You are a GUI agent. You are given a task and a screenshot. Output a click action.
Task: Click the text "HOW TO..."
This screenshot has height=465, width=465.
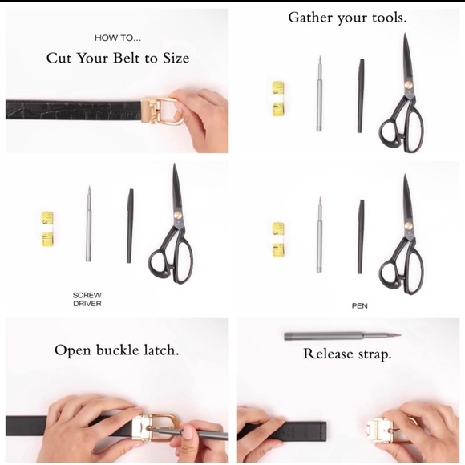point(118,38)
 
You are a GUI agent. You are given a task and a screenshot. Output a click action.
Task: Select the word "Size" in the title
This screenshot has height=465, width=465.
point(176,58)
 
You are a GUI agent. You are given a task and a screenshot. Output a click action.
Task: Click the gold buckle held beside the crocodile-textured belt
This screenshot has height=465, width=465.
point(162,111)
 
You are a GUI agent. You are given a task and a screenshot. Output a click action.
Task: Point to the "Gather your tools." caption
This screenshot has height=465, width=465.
point(347,18)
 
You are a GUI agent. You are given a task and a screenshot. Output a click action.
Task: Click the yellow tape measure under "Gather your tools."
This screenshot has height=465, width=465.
point(278,98)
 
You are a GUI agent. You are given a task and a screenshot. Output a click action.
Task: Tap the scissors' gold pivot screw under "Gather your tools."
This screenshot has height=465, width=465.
point(409,86)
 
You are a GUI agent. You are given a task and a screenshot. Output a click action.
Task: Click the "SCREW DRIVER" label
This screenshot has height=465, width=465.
point(87,299)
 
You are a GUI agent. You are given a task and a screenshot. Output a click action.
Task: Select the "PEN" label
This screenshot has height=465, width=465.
point(359,305)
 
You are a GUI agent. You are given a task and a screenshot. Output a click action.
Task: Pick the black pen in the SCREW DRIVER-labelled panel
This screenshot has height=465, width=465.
point(130,225)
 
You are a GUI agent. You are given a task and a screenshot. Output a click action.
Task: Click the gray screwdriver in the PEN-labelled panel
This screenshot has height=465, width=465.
point(319,234)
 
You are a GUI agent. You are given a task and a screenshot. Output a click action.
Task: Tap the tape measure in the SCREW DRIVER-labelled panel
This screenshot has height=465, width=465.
point(47,229)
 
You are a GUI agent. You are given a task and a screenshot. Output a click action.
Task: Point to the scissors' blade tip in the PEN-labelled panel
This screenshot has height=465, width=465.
point(405,175)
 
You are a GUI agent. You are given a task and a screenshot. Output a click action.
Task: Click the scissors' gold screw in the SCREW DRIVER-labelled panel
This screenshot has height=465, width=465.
point(178,216)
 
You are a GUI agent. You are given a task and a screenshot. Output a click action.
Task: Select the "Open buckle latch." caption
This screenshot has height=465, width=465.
point(117,350)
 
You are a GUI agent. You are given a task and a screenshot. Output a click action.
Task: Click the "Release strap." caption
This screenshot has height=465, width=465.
point(347,354)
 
